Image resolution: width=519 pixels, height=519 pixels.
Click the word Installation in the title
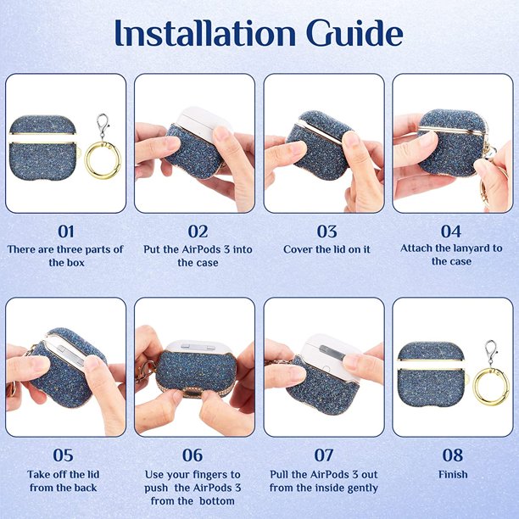pyautogui.click(x=205, y=33)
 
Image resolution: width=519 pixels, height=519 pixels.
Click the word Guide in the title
pyautogui.click(x=354, y=33)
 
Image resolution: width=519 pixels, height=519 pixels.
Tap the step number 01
pyautogui.click(x=66, y=232)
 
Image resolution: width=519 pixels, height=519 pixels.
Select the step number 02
pyautogui.click(x=198, y=232)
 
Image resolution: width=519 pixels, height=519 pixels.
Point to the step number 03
pyautogui.click(x=326, y=232)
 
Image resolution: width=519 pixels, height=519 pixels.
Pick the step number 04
pyautogui.click(x=451, y=232)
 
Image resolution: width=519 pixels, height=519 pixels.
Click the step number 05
pyautogui.click(x=63, y=455)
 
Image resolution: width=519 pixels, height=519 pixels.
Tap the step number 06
pyautogui.click(x=193, y=455)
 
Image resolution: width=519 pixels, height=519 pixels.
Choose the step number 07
pyautogui.click(x=324, y=455)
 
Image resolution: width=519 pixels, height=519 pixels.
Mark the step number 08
pyautogui.click(x=453, y=455)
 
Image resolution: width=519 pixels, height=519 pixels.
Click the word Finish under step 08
pyautogui.click(x=453, y=475)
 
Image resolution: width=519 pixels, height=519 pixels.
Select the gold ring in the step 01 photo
pyautogui.click(x=103, y=160)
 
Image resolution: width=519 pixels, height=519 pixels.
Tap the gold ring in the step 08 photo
pyautogui.click(x=491, y=386)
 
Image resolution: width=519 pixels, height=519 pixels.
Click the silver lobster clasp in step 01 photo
pyautogui.click(x=103, y=126)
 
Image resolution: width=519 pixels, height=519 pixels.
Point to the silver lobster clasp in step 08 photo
pyautogui.click(x=491, y=353)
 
